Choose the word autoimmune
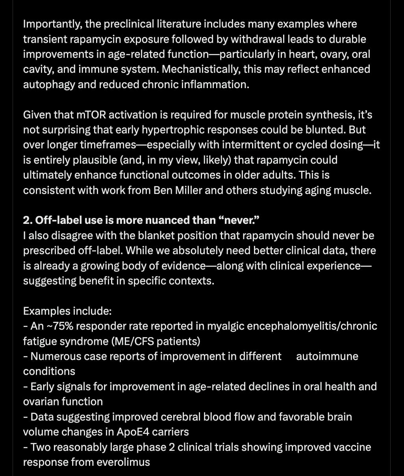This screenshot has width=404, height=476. pos(327,356)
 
